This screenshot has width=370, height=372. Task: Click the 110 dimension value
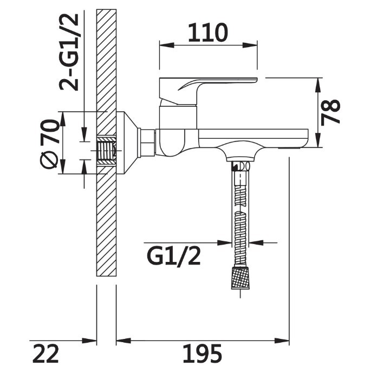(x=208, y=33)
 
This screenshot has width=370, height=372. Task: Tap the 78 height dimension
(x=330, y=112)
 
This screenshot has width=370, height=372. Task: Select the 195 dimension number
(x=202, y=354)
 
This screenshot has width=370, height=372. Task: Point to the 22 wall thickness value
(x=46, y=354)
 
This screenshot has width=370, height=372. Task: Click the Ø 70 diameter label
(x=49, y=144)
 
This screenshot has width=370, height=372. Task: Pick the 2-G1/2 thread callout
(x=69, y=52)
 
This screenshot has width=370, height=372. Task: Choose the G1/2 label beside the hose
(x=174, y=256)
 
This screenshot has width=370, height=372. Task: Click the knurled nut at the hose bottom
(x=240, y=278)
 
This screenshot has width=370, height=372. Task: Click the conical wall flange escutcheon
(x=127, y=143)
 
